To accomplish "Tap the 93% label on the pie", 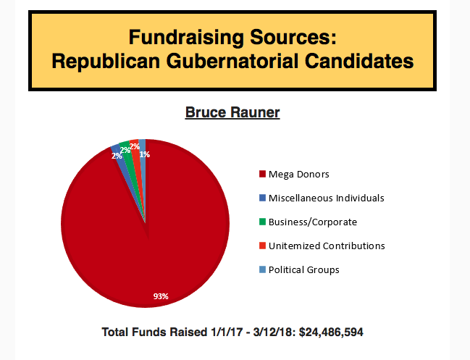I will tap(160, 296).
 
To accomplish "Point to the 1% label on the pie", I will tap(145, 154).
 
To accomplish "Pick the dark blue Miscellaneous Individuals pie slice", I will tap(117, 151).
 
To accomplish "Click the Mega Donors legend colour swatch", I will tap(261, 175).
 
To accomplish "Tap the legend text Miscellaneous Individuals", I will tap(326, 198).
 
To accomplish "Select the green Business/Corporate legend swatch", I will tap(261, 222).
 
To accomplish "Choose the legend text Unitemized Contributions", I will tap(326, 246).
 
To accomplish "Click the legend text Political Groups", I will tap(303, 269).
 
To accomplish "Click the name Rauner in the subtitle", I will tap(253, 113).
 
